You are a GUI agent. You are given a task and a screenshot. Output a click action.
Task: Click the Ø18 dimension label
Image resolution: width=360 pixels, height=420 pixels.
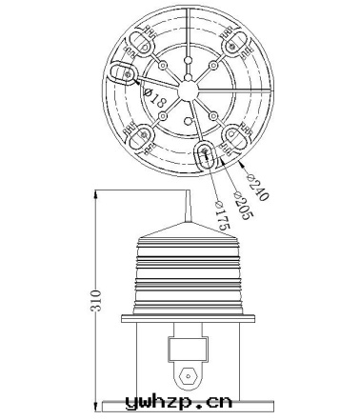pos(155,98)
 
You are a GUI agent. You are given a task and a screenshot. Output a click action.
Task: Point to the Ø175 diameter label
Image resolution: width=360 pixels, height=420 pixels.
pos(222,216)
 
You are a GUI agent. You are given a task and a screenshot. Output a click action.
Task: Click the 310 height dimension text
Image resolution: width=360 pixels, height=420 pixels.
pos(96,300)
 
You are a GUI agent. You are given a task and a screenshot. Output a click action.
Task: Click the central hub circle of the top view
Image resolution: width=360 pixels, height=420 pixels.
pos(189,91)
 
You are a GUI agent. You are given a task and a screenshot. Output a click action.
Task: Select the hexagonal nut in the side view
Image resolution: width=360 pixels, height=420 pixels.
pos(189,376)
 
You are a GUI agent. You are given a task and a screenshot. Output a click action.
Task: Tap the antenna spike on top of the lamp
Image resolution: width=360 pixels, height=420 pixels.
pos(188,206)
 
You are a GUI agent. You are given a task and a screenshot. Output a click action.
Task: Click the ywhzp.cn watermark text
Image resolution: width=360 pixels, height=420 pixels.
pos(179,402)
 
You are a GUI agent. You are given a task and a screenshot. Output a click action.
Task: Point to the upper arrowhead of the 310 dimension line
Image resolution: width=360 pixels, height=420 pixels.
pos(96,194)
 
